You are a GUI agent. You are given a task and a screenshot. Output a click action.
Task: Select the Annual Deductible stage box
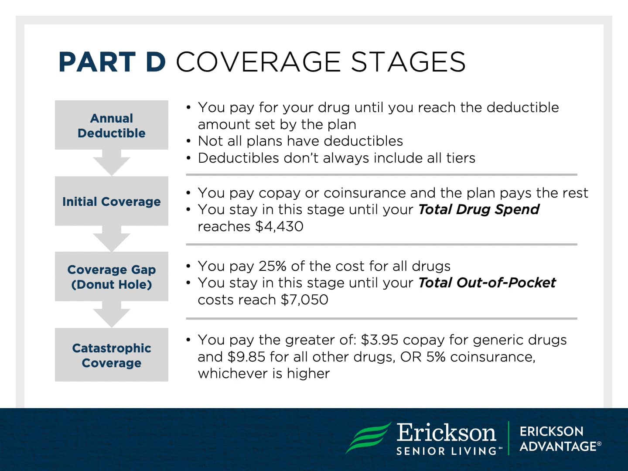click(x=112, y=125)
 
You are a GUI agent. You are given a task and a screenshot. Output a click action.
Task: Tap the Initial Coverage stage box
click(x=112, y=201)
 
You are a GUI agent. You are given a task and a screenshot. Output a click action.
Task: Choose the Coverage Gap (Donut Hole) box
click(x=112, y=276)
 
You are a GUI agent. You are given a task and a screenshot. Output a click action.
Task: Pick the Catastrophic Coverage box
click(x=112, y=355)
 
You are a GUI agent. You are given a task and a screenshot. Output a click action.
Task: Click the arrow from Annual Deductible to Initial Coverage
click(x=112, y=164)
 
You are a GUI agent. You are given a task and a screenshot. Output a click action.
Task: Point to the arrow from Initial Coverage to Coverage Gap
click(x=112, y=239)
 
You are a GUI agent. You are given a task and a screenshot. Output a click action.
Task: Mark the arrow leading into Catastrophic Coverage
click(x=112, y=315)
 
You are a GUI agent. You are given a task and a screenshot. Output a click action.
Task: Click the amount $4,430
click(x=279, y=226)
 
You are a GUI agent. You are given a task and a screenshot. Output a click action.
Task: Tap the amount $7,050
click(x=304, y=300)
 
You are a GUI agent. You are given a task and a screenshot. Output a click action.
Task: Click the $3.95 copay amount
click(x=379, y=340)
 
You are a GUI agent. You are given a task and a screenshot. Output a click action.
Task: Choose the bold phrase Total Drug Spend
click(x=478, y=209)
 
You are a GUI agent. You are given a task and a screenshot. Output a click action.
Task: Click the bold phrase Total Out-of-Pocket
click(x=487, y=283)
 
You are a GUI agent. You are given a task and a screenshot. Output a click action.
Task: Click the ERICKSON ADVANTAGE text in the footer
click(x=560, y=439)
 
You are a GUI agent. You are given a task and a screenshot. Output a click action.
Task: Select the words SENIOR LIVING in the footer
click(x=446, y=451)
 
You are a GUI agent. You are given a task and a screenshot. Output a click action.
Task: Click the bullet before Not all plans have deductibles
click(x=188, y=141)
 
